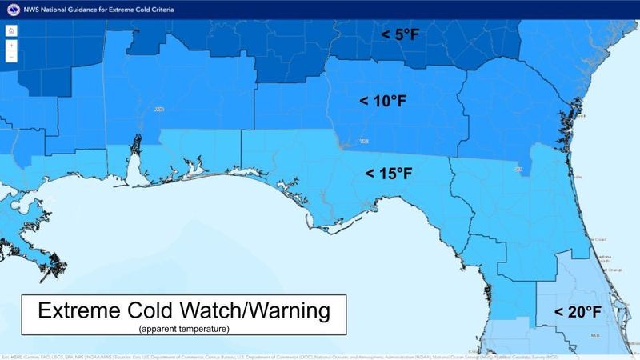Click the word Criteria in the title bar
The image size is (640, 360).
pos(156,9)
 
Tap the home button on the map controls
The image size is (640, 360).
pos(11,30)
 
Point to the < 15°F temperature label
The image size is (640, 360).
pos(389,173)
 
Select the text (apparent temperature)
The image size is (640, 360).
pos(183,328)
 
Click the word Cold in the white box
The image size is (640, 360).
pos(158,311)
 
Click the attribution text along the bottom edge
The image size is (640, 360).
pos(320,355)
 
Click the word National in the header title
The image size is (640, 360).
pos(50,9)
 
